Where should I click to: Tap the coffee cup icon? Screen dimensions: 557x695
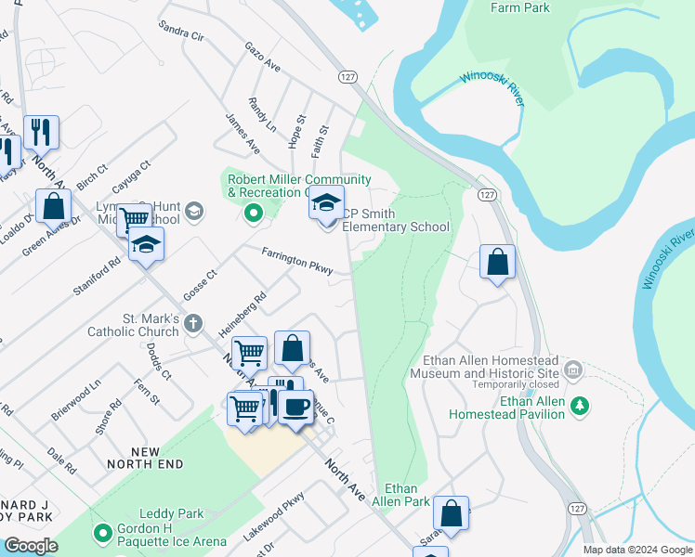click(x=295, y=407)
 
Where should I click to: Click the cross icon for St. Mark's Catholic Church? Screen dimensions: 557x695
click(x=193, y=323)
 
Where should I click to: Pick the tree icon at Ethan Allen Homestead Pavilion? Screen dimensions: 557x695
click(x=580, y=406)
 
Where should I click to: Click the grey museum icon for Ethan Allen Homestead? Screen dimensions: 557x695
click(x=573, y=371)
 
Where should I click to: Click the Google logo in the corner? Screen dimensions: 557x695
click(x=31, y=546)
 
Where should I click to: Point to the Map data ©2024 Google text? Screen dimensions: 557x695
click(x=637, y=550)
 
